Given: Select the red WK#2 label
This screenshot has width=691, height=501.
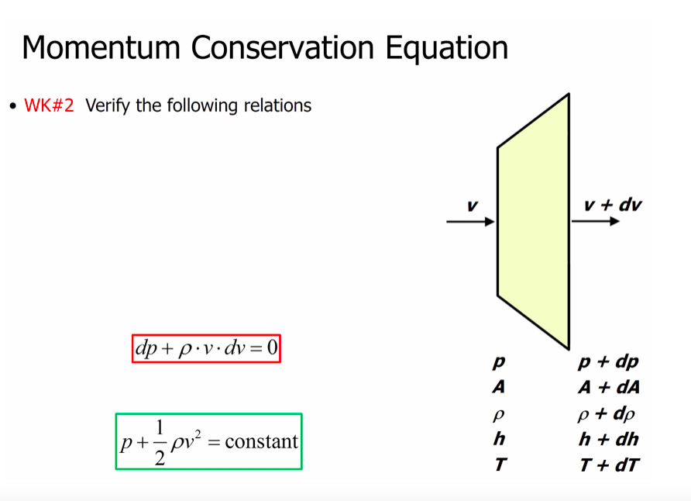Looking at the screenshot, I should [49, 105].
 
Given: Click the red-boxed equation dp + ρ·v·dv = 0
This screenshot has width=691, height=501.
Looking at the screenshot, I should [206, 348].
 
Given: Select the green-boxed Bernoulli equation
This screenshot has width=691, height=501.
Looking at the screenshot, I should [208, 441].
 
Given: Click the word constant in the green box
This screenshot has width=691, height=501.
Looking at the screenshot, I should [261, 441].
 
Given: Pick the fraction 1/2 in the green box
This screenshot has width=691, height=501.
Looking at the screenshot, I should [159, 442].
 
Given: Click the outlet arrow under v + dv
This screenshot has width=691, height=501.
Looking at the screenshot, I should [596, 222].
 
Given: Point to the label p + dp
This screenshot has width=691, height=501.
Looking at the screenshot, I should [608, 362].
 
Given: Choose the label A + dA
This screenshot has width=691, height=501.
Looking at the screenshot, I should [608, 388].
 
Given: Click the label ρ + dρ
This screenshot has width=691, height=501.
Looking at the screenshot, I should [608, 413].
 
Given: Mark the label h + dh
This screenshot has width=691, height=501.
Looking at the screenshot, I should [608, 439].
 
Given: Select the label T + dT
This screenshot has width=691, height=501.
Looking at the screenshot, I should [608, 465].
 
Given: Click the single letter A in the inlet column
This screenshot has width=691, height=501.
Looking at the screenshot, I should [499, 388].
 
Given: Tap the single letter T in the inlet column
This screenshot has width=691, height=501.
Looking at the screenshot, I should [499, 465].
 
